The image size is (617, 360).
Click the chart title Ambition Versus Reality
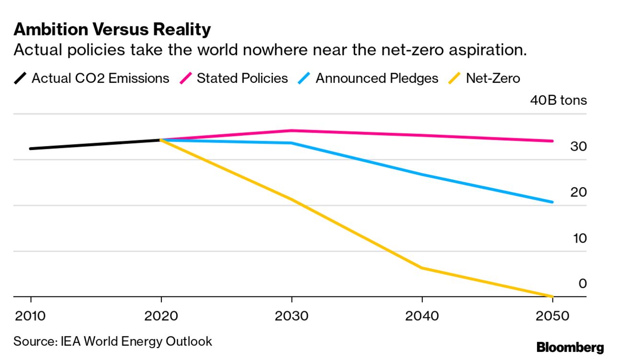coord(112,30)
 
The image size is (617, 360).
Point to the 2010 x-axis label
coord(31,316)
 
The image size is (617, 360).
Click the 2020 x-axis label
coord(161,316)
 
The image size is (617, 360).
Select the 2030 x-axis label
coord(292,316)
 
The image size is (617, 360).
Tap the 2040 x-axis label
coord(422,316)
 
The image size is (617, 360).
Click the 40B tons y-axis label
coord(558,101)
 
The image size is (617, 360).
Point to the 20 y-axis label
coord(578,192)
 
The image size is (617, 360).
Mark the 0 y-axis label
coord(583,284)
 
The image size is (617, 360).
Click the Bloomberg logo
coord(570,347)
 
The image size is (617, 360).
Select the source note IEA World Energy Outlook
coord(112,341)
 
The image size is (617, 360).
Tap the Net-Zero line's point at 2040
coord(422,268)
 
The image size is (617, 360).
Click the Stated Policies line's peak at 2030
coord(292,130)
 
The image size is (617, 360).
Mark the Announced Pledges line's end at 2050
coord(552,202)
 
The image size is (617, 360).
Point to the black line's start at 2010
coord(31,148)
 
